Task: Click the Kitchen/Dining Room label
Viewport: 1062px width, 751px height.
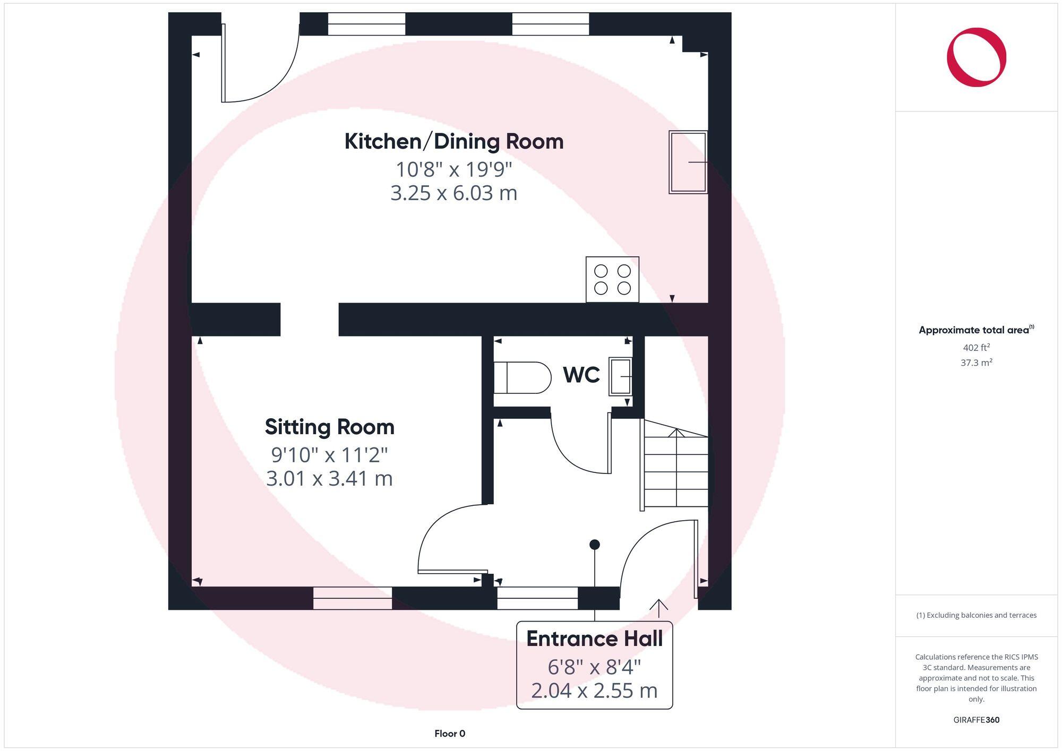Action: pyautogui.click(x=453, y=142)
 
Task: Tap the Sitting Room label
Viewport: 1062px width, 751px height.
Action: pyautogui.click(x=329, y=427)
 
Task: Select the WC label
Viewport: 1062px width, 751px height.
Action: pyautogui.click(x=581, y=375)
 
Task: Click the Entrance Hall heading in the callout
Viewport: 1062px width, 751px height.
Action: pyautogui.click(x=594, y=639)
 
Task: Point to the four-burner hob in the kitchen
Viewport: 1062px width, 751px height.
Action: pyautogui.click(x=612, y=280)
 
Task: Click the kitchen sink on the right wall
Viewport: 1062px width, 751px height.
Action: pyautogui.click(x=688, y=162)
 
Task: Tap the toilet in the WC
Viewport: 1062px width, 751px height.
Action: pyautogui.click(x=523, y=377)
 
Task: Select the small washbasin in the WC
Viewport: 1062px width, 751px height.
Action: pyautogui.click(x=620, y=376)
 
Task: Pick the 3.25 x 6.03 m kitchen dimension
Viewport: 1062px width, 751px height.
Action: pyautogui.click(x=453, y=193)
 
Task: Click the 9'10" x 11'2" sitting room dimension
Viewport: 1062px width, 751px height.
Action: pyautogui.click(x=329, y=455)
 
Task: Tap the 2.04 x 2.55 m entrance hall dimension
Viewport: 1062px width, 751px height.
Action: pyautogui.click(x=594, y=690)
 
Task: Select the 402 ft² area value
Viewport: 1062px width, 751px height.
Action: pyautogui.click(x=976, y=348)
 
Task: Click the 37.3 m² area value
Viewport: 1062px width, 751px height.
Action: pyautogui.click(x=976, y=363)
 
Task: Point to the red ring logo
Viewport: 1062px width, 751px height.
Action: pyautogui.click(x=976, y=57)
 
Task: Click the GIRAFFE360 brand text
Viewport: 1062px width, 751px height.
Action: pyautogui.click(x=976, y=720)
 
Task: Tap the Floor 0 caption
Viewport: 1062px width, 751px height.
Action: pyautogui.click(x=450, y=733)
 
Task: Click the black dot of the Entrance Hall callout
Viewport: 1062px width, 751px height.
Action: pyautogui.click(x=595, y=545)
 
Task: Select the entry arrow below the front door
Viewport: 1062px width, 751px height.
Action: pyautogui.click(x=659, y=608)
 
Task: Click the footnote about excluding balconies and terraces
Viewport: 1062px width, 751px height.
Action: pyautogui.click(x=976, y=616)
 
